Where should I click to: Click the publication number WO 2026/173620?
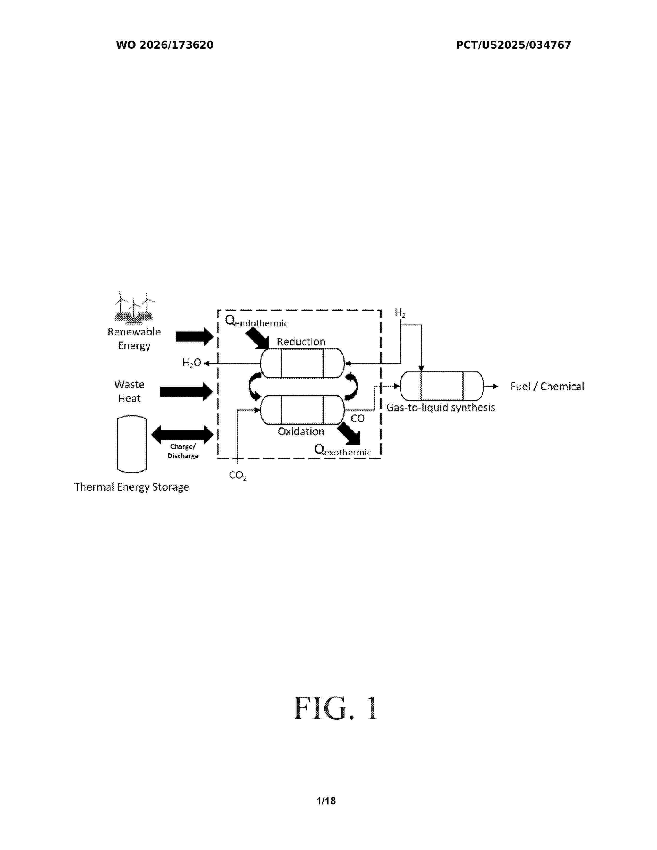[x=165, y=45]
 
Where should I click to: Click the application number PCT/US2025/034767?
[x=513, y=45]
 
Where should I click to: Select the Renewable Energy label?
[x=134, y=339]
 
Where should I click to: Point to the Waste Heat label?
[x=130, y=392]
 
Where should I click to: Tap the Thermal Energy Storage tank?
[x=132, y=444]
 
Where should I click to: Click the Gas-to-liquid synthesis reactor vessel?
[x=442, y=386]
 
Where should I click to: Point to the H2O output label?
[x=191, y=363]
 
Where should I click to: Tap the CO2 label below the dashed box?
[x=238, y=475]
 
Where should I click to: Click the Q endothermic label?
[x=256, y=321]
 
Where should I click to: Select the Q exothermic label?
[x=342, y=450]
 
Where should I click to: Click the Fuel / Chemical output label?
[x=547, y=386]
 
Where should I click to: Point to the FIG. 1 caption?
[x=335, y=708]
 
